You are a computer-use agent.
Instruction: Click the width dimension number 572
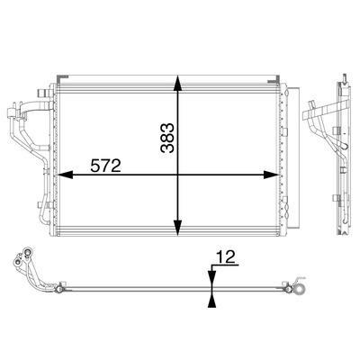coord(105,166)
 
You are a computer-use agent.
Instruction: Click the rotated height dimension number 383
coord(167,138)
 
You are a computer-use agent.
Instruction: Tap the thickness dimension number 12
coord(226,257)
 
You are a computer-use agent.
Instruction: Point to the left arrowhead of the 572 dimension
coord(65,175)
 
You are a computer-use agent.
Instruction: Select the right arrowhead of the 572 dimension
coord(271,175)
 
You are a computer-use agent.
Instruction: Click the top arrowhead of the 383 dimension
coord(178,83)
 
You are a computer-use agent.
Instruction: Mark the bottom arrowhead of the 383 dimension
coord(178,228)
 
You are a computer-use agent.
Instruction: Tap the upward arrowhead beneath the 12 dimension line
coord(212,301)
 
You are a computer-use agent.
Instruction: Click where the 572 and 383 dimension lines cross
coord(178,175)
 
